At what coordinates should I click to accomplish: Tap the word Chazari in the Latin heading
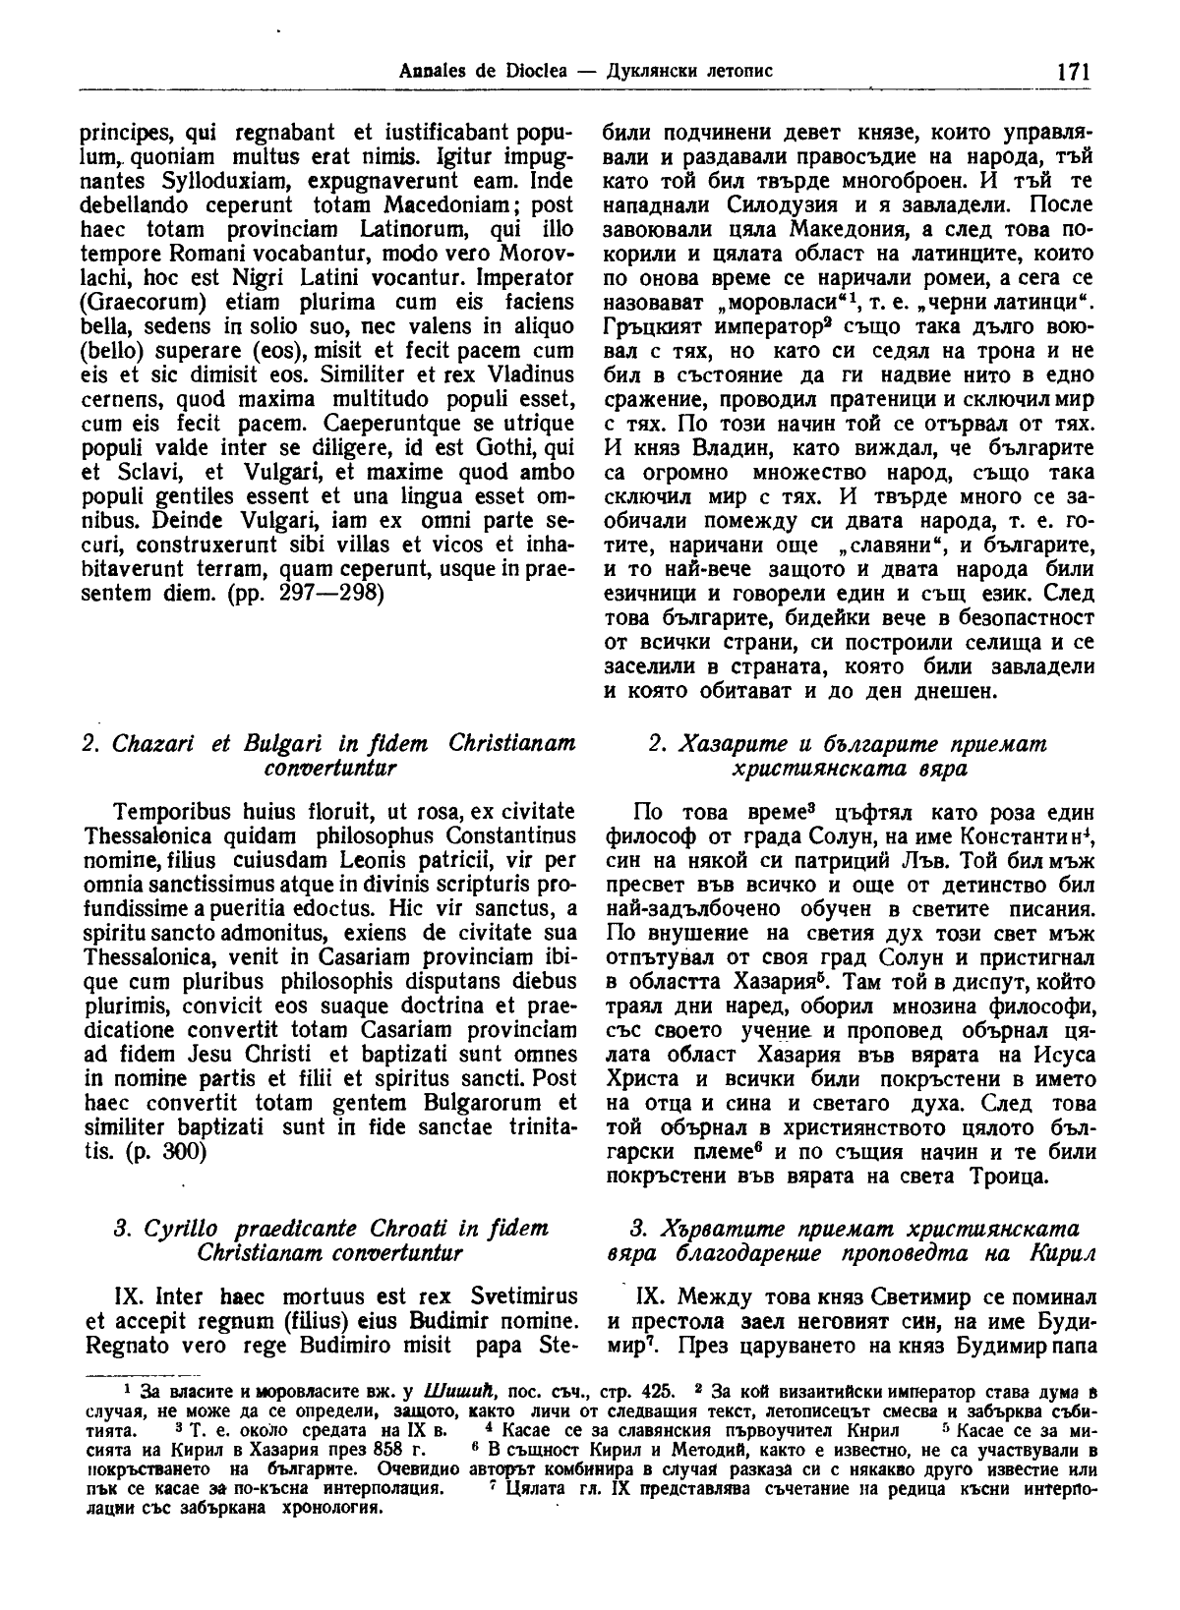pyautogui.click(x=156, y=743)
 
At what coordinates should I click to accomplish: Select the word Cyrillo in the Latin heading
pyautogui.click(x=180, y=1229)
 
